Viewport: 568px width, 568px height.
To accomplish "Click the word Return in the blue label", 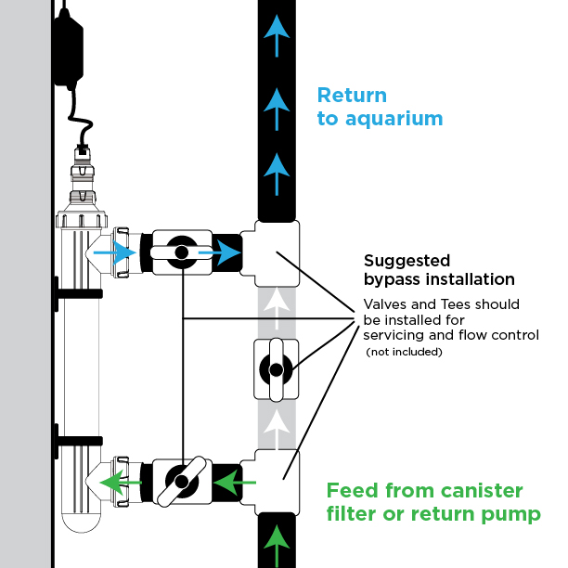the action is coord(352,96).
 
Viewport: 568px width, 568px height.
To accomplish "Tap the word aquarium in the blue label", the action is coord(394,119).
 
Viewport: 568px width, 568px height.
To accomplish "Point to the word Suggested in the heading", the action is coord(407,261).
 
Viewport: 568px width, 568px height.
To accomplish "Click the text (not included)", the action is coord(405,352).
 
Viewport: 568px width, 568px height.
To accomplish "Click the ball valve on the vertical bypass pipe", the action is coord(276,370).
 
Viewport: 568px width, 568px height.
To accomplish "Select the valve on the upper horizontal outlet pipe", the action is coord(182,252).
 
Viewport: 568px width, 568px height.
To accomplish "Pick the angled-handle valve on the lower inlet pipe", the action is coord(182,482).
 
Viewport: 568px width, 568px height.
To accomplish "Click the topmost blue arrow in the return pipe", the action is coord(277,35).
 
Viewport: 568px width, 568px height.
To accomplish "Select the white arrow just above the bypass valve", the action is coord(277,308).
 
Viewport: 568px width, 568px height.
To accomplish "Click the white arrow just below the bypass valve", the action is coord(277,430).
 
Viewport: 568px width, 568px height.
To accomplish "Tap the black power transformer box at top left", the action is coord(69,49).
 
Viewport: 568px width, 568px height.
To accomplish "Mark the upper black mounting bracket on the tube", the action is coord(78,294).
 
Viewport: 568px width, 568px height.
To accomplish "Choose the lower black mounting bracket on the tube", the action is coord(78,441).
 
